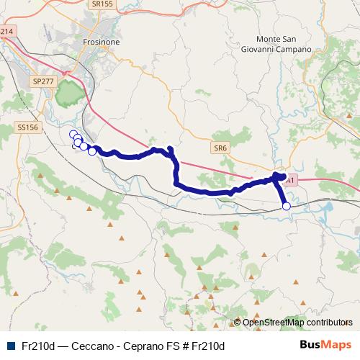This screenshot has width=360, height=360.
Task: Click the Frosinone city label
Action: coord(101,42)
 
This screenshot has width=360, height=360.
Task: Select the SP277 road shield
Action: coord(43,82)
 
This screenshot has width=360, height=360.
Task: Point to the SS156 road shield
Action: coord(27,127)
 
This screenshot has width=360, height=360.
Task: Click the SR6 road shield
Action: coord(220,147)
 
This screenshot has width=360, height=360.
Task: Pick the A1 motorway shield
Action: coord(289,183)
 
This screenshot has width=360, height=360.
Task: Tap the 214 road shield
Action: coord(7,32)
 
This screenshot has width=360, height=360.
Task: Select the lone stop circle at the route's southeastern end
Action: coord(286,207)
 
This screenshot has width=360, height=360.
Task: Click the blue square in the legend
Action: coord(9,346)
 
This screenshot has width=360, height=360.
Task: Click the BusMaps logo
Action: coord(325,345)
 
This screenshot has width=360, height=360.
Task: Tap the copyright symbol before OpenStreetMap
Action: coord(238,322)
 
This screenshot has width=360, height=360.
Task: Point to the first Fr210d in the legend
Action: coord(38,346)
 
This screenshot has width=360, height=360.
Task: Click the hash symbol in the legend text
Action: coord(186,346)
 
